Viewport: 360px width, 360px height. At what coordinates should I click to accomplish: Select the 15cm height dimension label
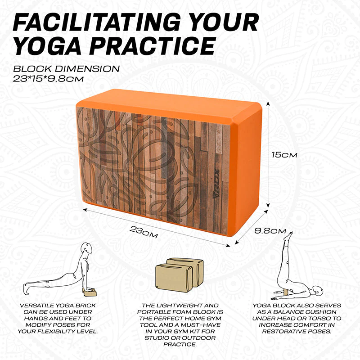pyautogui.click(x=284, y=155)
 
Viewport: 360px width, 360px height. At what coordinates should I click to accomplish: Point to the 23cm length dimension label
pyautogui.click(x=144, y=232)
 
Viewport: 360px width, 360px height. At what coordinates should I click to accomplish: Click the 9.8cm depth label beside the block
pyautogui.click(x=270, y=231)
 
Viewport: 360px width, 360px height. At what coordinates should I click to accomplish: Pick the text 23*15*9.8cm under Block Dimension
pyautogui.click(x=48, y=79)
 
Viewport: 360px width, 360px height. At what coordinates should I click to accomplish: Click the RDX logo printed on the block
pyautogui.click(x=216, y=184)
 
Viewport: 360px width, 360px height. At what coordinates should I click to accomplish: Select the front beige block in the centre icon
pyautogui.click(x=174, y=278)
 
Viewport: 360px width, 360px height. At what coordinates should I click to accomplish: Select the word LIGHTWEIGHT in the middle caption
pyautogui.click(x=179, y=306)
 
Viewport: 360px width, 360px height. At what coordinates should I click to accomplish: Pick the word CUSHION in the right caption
pyautogui.click(x=323, y=312)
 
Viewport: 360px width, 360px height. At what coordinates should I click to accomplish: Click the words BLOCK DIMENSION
pyautogui.click(x=66, y=69)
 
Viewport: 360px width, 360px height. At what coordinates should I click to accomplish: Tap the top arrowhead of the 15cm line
pyautogui.click(x=268, y=104)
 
